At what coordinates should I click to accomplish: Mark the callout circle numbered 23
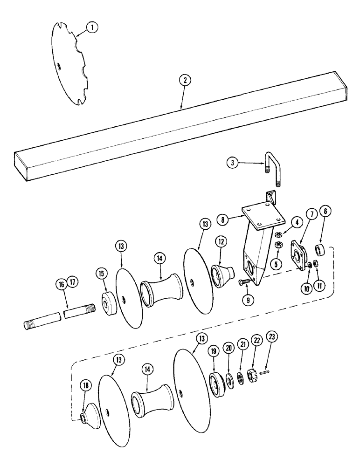(x=270, y=349)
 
